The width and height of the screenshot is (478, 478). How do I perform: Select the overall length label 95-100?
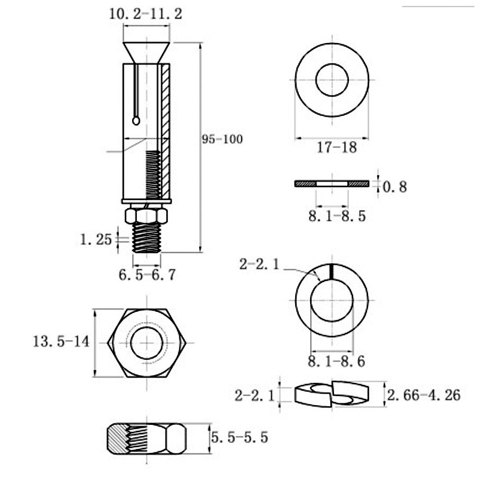click(222, 139)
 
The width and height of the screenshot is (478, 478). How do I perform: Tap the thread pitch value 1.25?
click(96, 240)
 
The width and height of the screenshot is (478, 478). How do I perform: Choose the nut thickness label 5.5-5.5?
click(239, 438)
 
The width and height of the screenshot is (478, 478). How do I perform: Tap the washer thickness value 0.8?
click(394, 187)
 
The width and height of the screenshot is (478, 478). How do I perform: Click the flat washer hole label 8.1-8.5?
click(337, 215)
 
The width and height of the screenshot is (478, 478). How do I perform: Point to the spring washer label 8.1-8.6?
click(336, 361)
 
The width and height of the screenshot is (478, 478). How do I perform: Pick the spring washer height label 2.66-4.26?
click(424, 395)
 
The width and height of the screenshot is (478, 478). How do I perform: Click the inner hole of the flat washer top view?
click(332, 80)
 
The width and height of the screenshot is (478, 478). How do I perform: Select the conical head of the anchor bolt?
click(146, 51)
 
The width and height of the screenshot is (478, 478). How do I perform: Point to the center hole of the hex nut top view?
click(147, 343)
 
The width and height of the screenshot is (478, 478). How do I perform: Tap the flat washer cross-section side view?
click(332, 184)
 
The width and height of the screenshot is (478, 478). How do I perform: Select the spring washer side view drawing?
click(333, 394)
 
